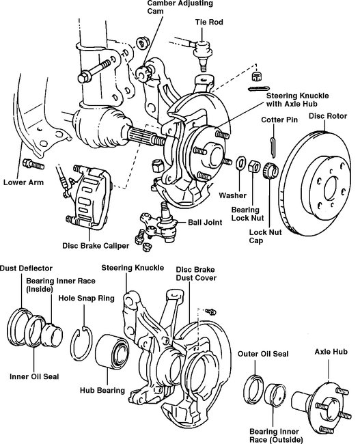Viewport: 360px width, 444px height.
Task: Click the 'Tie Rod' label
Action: [x=209, y=22]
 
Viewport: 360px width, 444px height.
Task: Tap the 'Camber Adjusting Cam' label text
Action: [x=180, y=7]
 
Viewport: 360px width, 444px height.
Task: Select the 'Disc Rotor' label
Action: [x=328, y=116]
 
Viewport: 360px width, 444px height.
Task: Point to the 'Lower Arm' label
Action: [x=23, y=182]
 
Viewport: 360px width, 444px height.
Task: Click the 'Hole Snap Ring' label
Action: [x=86, y=299]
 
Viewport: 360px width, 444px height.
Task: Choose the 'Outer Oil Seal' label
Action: [x=263, y=354]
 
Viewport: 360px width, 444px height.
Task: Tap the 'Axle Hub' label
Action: [x=331, y=352]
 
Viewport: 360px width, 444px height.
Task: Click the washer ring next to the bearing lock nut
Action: [x=240, y=163]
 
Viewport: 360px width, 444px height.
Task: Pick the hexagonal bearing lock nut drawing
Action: [x=254, y=166]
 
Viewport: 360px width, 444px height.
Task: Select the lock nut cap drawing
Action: [x=271, y=171]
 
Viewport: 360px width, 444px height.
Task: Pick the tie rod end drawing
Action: [x=202, y=54]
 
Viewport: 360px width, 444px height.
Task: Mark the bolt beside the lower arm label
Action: [x=33, y=164]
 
